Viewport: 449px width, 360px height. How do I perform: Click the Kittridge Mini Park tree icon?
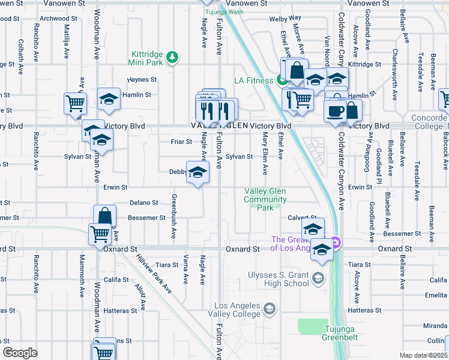click(173, 56)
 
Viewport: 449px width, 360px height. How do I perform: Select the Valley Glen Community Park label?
click(265, 199)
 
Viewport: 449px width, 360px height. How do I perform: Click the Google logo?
click(20, 353)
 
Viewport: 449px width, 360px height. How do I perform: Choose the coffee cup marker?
click(335, 110)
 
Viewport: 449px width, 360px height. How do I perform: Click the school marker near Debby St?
click(197, 173)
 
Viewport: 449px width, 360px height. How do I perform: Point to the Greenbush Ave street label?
click(173, 216)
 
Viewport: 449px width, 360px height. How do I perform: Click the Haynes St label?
click(142, 79)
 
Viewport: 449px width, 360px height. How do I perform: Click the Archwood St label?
click(55, 19)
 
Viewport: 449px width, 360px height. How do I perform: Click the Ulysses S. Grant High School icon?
click(318, 278)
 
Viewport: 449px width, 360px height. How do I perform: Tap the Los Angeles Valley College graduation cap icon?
click(270, 308)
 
